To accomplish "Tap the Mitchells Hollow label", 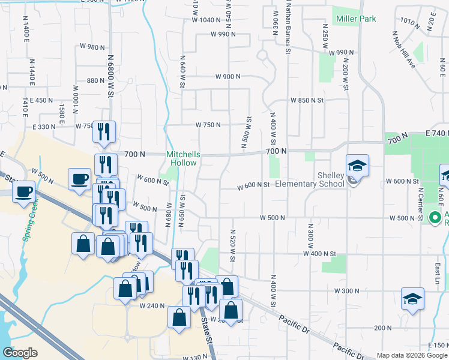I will point(182,158).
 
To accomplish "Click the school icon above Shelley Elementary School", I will point(357,166).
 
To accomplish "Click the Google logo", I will point(20,353).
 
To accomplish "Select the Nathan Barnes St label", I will point(288,28).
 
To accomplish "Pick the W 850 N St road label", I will point(307,100).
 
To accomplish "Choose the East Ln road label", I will point(438,270).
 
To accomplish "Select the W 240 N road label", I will point(152,305).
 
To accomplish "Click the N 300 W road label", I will point(311,236).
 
